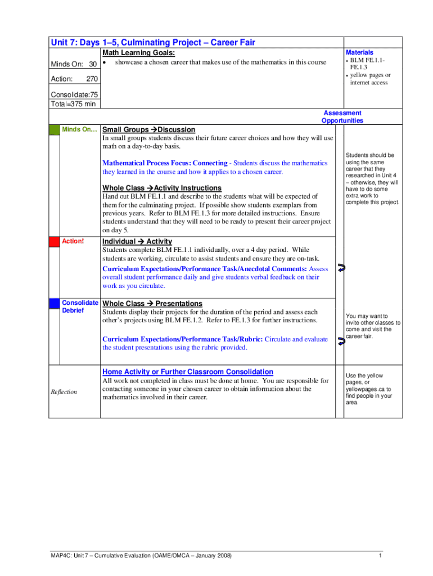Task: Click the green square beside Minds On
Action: (55, 130)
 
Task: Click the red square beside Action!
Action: (55, 242)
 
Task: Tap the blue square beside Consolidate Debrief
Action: (55, 304)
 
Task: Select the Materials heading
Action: (359, 52)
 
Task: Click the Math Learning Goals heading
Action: (138, 53)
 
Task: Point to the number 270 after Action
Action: (92, 79)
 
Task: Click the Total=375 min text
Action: (73, 103)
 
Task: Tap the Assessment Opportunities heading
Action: (342, 116)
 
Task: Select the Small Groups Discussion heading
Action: (148, 130)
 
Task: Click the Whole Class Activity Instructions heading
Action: (161, 188)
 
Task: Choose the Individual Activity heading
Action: (137, 242)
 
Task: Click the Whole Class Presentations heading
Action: (152, 304)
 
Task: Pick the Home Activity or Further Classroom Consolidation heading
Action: (188, 372)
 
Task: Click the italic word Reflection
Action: (64, 391)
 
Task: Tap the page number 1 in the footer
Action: (381, 556)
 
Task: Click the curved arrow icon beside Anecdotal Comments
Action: (341, 268)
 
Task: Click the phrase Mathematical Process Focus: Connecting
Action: (165, 163)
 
